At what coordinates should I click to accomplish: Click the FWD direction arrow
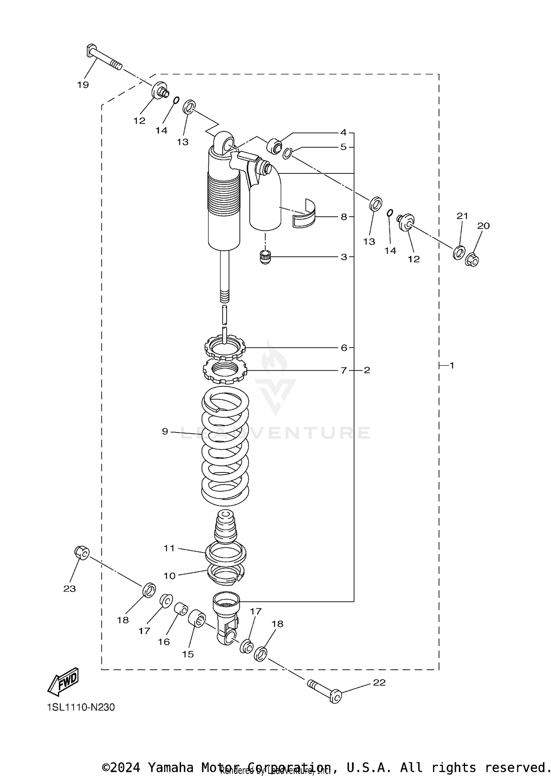pyautogui.click(x=64, y=682)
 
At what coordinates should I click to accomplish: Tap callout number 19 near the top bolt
pyautogui.click(x=83, y=85)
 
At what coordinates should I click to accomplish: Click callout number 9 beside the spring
pyautogui.click(x=165, y=431)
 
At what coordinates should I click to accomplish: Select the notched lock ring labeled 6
pyautogui.click(x=225, y=347)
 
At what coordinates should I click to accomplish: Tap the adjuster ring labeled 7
pyautogui.click(x=225, y=371)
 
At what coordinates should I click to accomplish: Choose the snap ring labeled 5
pyautogui.click(x=287, y=153)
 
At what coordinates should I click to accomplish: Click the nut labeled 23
pyautogui.click(x=82, y=553)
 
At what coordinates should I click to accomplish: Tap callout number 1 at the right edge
pyautogui.click(x=452, y=366)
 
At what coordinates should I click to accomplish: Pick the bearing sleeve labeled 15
pyautogui.click(x=197, y=618)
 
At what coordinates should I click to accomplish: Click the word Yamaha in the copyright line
pyautogui.click(x=170, y=767)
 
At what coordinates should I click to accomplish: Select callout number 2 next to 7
pyautogui.click(x=367, y=370)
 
